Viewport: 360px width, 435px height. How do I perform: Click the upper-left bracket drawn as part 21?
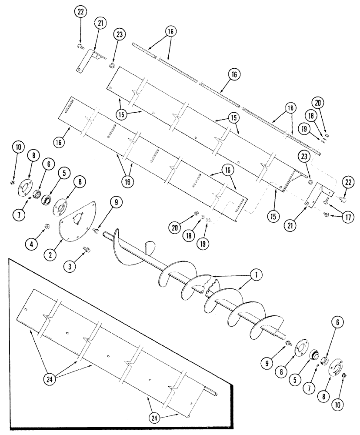(x=89, y=61)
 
